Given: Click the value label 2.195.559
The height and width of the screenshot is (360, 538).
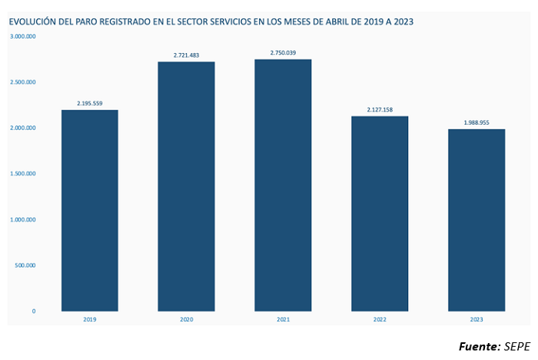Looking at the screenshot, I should [x=90, y=103].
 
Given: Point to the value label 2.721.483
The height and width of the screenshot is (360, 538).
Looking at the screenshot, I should [x=186, y=55].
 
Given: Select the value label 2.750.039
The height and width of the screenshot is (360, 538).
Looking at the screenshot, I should [x=283, y=52].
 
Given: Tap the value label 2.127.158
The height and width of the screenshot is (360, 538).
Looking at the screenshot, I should [x=380, y=109].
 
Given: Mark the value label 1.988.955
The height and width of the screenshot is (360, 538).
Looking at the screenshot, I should [x=477, y=122].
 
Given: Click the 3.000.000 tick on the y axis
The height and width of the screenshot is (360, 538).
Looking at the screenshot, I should [x=23, y=36].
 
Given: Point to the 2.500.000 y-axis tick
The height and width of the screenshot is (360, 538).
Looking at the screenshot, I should [x=23, y=82].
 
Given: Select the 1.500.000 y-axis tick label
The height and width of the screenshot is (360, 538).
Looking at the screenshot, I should [x=23, y=174].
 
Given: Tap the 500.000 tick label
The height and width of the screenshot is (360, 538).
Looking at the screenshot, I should [x=25, y=265].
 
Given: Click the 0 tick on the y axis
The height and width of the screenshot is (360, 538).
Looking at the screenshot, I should [x=33, y=311].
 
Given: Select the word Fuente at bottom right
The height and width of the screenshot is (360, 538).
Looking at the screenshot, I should [x=479, y=346].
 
